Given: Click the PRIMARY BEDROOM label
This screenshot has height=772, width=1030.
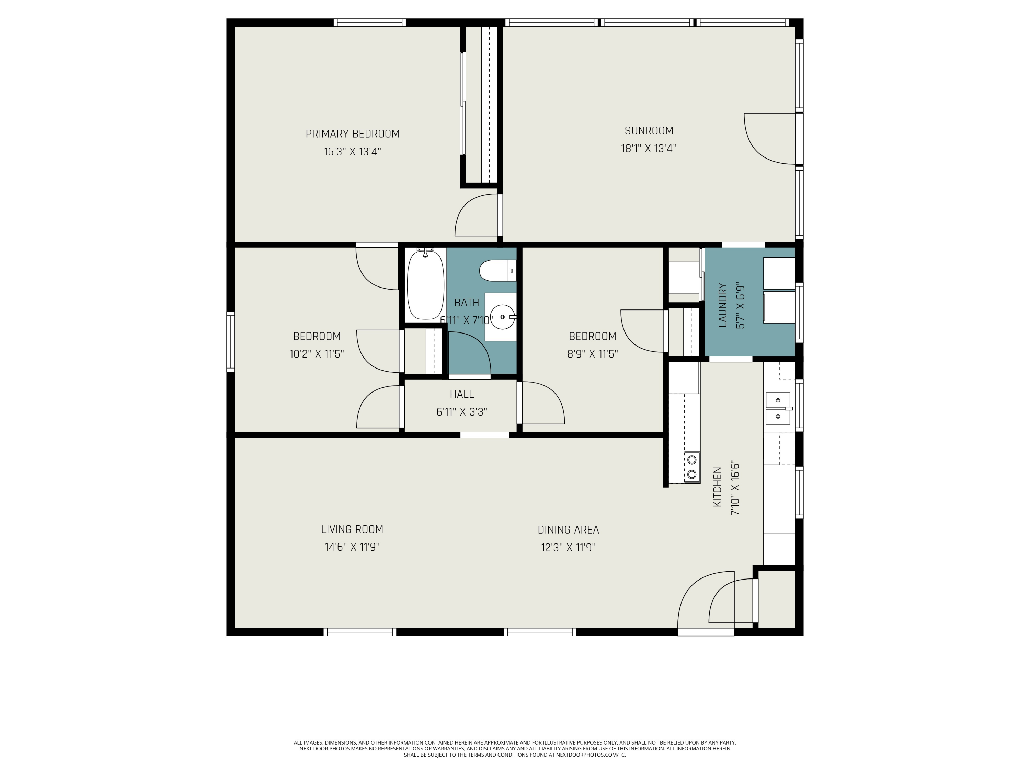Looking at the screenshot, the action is click(x=353, y=134).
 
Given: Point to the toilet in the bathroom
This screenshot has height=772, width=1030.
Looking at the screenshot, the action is click(x=498, y=271).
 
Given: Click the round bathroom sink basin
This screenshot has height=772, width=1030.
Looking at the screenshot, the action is click(x=503, y=317).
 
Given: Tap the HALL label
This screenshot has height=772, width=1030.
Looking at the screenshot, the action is click(x=462, y=394).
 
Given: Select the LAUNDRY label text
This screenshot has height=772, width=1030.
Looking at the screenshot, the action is click(x=723, y=305).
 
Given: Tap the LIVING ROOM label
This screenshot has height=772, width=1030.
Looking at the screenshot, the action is click(x=352, y=529).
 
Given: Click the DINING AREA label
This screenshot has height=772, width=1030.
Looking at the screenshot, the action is click(x=568, y=529).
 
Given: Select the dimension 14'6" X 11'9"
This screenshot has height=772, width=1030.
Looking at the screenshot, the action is click(x=352, y=547).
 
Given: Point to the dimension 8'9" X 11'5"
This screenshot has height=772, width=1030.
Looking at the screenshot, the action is click(x=592, y=354).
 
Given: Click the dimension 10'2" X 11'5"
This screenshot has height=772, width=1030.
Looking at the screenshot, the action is click(x=317, y=354).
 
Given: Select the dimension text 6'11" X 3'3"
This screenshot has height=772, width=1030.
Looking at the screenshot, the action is click(x=462, y=412).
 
